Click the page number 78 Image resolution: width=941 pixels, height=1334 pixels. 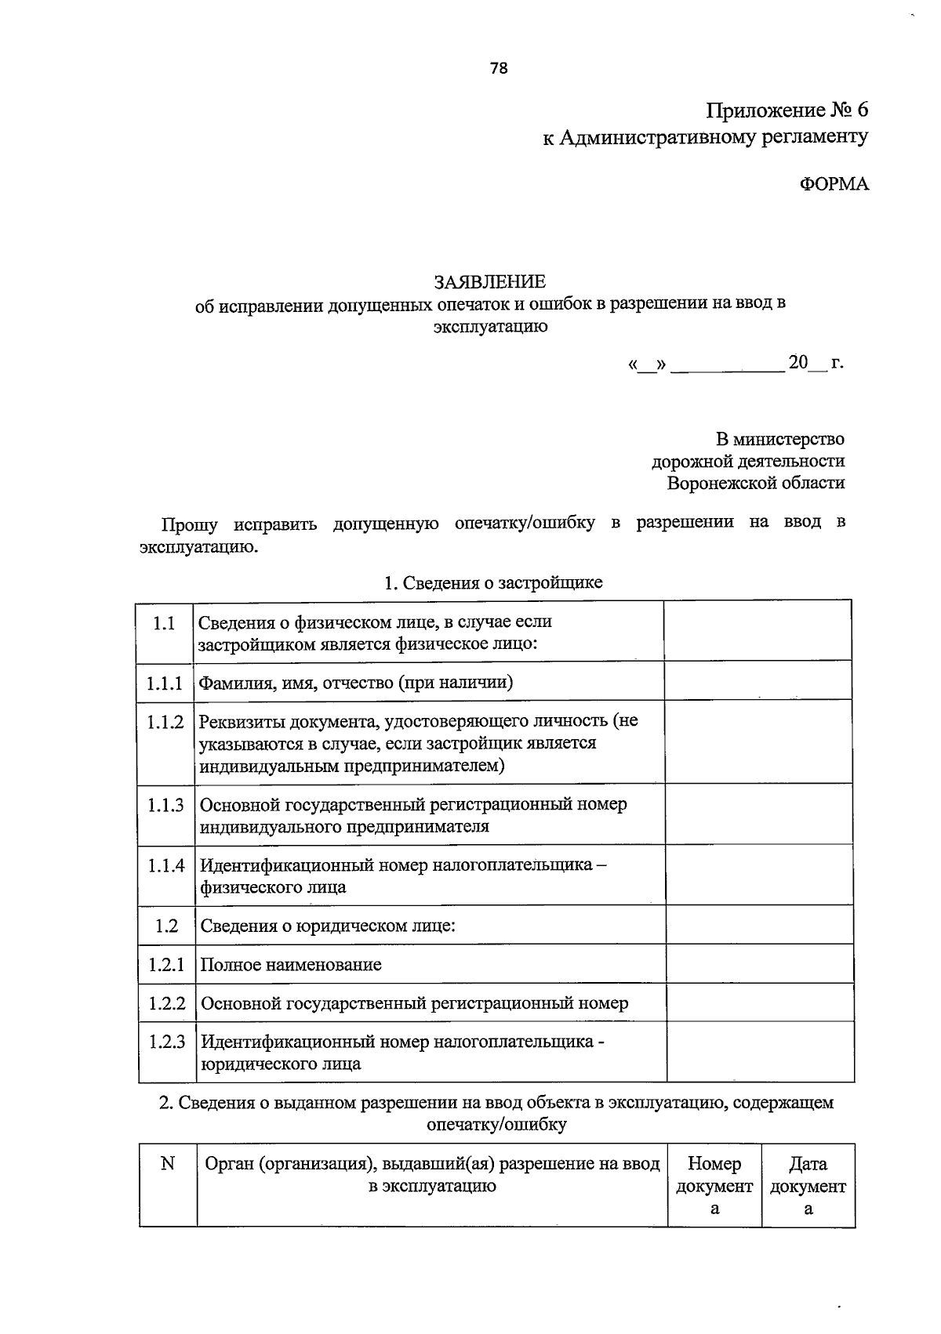499,68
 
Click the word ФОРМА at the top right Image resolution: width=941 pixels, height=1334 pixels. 834,184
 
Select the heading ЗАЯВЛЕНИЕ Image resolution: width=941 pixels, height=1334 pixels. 490,281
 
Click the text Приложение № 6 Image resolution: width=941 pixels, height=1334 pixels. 787,109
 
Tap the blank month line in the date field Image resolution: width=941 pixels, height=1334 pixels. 728,364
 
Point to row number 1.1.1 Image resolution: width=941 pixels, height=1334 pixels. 165,683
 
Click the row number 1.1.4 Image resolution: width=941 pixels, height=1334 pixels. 165,866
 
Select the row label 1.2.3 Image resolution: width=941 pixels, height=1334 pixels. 167,1042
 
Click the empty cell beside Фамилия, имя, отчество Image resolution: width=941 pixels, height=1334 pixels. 758,680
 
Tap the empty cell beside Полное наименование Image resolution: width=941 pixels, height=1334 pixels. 759,963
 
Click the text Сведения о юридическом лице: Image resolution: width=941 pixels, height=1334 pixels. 328,926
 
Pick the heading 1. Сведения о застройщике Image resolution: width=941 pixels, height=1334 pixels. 492,582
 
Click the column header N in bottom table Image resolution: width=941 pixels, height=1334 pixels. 167,1164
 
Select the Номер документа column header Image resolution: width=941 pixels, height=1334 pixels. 714,1185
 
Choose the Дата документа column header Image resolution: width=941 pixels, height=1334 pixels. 808,1185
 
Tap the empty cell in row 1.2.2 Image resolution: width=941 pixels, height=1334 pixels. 759,1002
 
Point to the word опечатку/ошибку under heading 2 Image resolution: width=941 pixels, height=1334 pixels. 496,1125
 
